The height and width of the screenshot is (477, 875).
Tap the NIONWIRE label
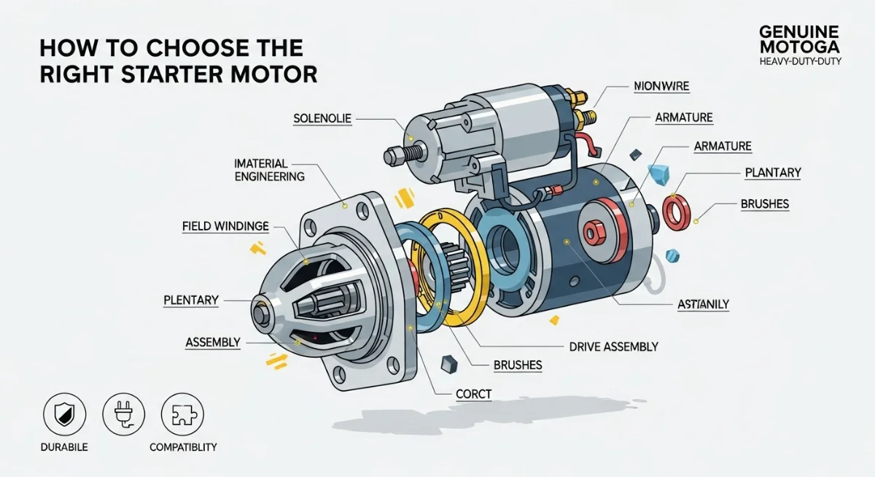click(661, 87)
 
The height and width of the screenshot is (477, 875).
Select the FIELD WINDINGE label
click(225, 227)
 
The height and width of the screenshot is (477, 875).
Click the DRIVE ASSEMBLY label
click(613, 346)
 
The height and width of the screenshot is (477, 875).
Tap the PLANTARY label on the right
click(773, 173)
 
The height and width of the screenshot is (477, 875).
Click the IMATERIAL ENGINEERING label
click(270, 169)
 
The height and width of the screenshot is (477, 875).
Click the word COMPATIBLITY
click(183, 447)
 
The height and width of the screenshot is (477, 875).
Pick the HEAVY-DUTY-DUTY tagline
click(800, 62)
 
